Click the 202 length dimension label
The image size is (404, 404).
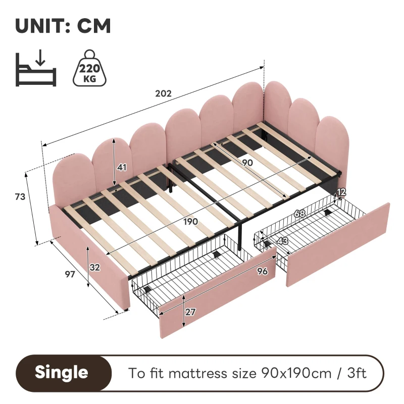(164, 93)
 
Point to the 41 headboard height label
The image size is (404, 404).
(122, 167)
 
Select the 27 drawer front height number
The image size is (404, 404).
(190, 312)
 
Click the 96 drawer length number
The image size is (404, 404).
(262, 271)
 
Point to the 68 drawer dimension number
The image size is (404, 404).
(299, 214)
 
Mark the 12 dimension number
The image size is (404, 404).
(342, 191)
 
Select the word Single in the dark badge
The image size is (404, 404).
(61, 373)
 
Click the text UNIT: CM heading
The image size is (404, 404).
(63, 25)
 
